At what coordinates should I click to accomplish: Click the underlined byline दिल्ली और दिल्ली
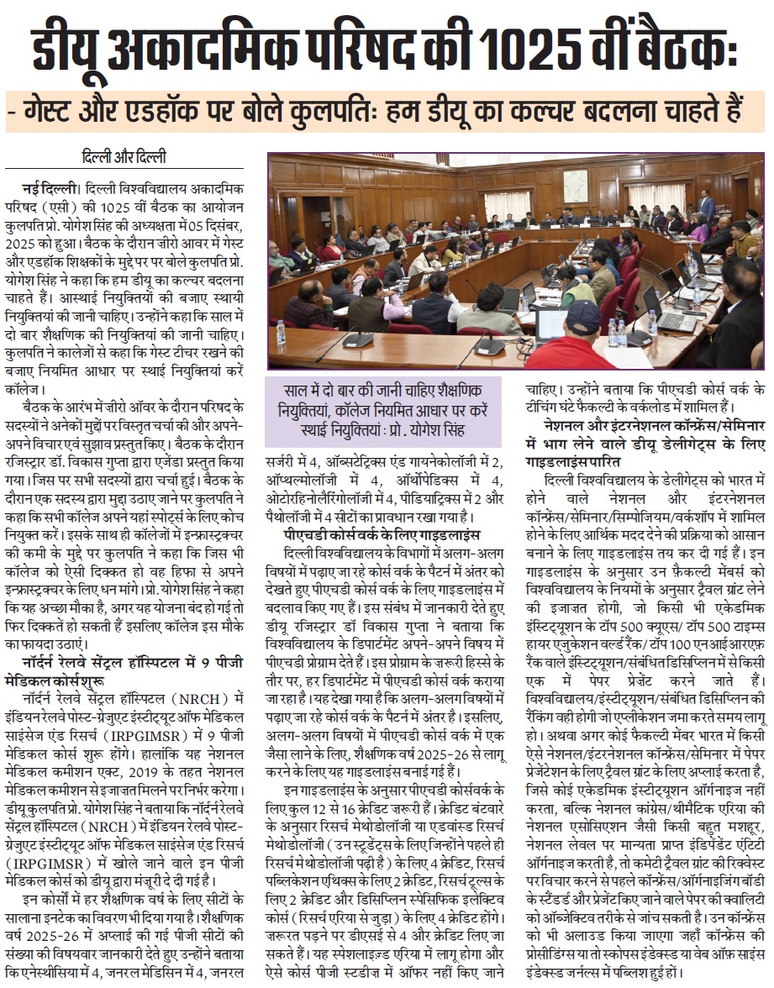click(124, 158)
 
